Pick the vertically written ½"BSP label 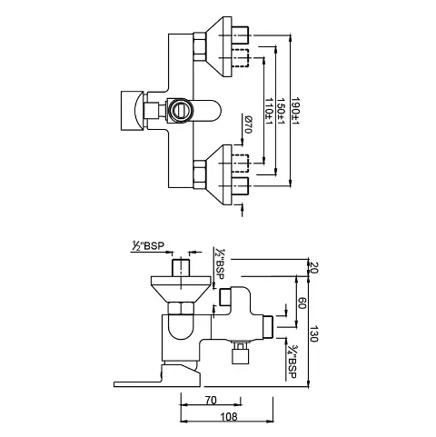click(x=219, y=263)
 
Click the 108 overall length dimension click(x=230, y=418)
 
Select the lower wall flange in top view click(x=218, y=170)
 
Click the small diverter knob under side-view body click(x=242, y=354)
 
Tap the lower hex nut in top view click(x=200, y=170)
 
